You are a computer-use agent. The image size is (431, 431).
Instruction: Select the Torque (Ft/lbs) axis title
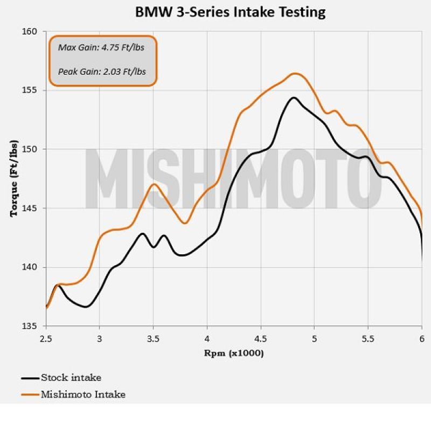point(14,179)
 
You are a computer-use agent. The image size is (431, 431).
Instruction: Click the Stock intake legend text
point(71,378)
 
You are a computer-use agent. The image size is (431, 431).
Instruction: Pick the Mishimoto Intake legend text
point(83,394)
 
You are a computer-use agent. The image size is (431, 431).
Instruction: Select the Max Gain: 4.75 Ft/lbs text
point(101,47)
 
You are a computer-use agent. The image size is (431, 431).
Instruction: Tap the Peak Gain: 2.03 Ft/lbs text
point(102,71)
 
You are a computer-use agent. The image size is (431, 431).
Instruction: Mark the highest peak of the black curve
point(294,98)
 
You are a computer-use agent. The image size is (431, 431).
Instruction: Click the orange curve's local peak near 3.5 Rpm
point(154,184)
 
